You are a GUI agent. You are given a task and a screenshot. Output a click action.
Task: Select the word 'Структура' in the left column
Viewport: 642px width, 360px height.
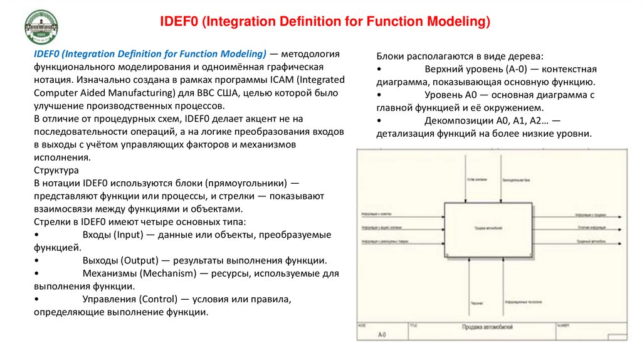pyautogui.click(x=56, y=170)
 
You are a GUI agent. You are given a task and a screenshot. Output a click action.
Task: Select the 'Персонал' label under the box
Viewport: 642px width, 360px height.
pyautogui.click(x=476, y=304)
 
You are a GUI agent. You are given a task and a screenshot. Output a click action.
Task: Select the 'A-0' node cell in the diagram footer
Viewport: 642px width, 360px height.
pyautogui.click(x=382, y=336)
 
